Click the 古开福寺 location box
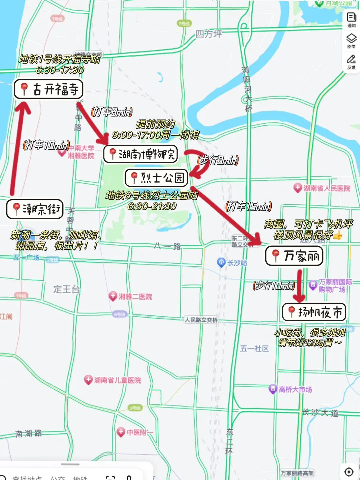click(x=48, y=89)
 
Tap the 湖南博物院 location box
click(x=140, y=154)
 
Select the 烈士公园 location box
click(x=156, y=178)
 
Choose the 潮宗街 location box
click(x=35, y=209)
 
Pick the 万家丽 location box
click(x=294, y=256)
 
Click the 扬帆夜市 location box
click(x=314, y=312)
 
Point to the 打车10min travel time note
click(x=46, y=145)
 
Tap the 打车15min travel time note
click(x=249, y=207)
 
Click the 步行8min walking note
click(x=218, y=160)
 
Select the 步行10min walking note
click(x=274, y=286)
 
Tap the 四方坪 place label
click(x=208, y=34)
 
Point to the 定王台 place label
click(x=66, y=289)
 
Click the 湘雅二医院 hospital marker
click(x=113, y=296)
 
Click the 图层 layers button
click(x=351, y=41)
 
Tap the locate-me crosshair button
click(x=349, y=472)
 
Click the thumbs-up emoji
click(x=338, y=235)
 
